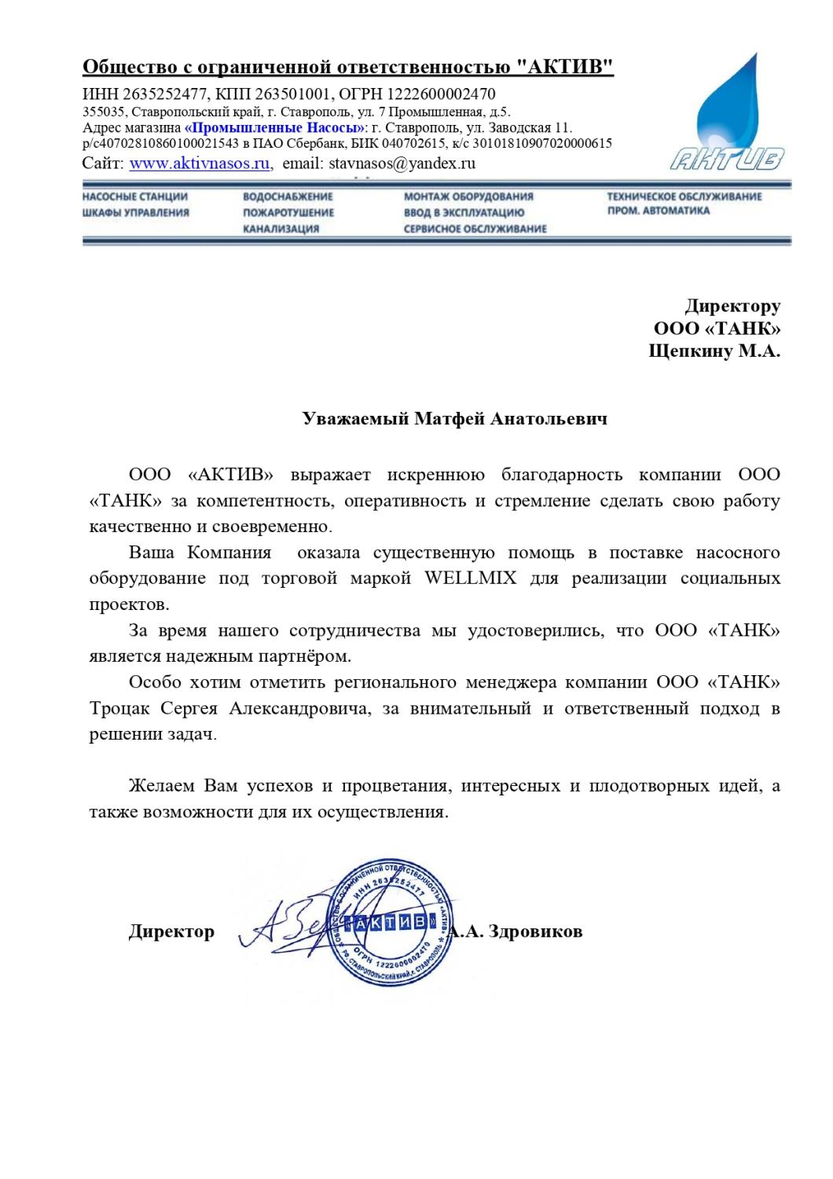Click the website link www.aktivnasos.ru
click(x=200, y=163)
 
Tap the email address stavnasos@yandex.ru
click(x=380, y=163)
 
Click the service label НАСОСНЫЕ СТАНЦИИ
click(x=134, y=196)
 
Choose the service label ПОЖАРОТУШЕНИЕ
click(x=288, y=212)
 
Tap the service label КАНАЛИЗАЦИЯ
click(x=280, y=229)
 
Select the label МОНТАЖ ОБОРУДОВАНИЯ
click(x=468, y=196)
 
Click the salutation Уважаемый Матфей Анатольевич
click(x=455, y=418)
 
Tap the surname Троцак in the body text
click(x=122, y=709)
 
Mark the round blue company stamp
click(x=390, y=921)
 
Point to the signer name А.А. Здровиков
click(x=519, y=932)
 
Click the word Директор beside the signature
click(x=171, y=932)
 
